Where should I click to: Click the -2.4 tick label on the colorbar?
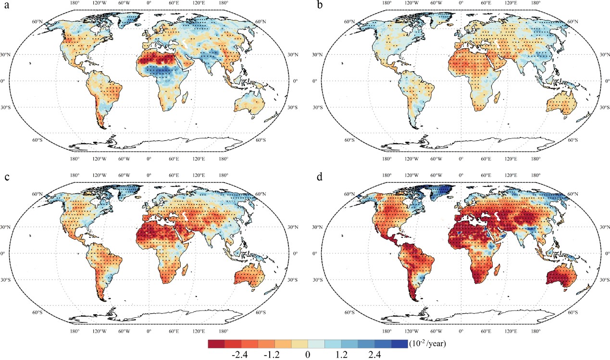coord(240,355)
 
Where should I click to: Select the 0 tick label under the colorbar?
coord(307,355)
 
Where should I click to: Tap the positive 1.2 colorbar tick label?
coord(341,355)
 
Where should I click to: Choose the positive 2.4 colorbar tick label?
coord(374,355)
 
